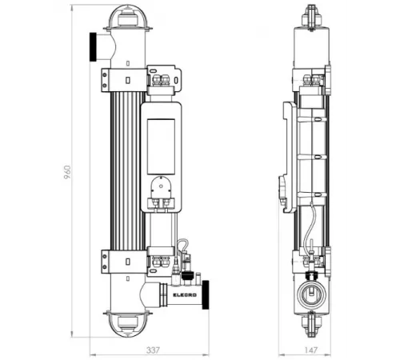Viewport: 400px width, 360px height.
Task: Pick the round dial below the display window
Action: coord(163,190)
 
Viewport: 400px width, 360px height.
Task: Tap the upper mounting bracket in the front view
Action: coord(124,78)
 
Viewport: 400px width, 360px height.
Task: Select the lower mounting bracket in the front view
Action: coord(124,261)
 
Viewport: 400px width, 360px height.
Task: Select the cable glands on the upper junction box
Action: coord(163,78)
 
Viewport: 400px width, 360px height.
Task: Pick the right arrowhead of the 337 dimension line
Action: coord(206,353)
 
